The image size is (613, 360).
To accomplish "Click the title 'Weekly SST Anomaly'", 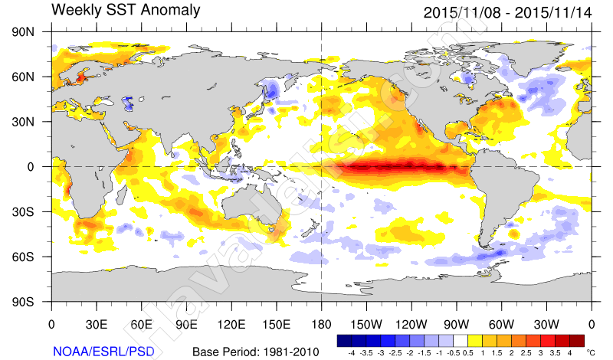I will (x=126, y=11).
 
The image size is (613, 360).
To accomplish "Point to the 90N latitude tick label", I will (x=26, y=32).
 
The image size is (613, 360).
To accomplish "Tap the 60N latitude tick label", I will (x=26, y=77).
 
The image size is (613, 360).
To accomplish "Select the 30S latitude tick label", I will (x=26, y=211).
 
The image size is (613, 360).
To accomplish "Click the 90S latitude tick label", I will (x=26, y=301).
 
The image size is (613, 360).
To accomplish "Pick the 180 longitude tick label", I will (x=321, y=324).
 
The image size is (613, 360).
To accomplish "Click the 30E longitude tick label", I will (x=97, y=324).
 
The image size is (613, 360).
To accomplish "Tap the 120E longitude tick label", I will (x=231, y=324).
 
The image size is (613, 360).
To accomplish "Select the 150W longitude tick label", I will (x=367, y=324).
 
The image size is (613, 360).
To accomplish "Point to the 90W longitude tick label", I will (x=457, y=324).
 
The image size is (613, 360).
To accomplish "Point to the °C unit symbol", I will (x=590, y=353).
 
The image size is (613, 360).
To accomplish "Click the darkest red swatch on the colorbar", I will (x=577, y=339).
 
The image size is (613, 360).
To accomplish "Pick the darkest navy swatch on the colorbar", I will (x=343, y=339).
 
